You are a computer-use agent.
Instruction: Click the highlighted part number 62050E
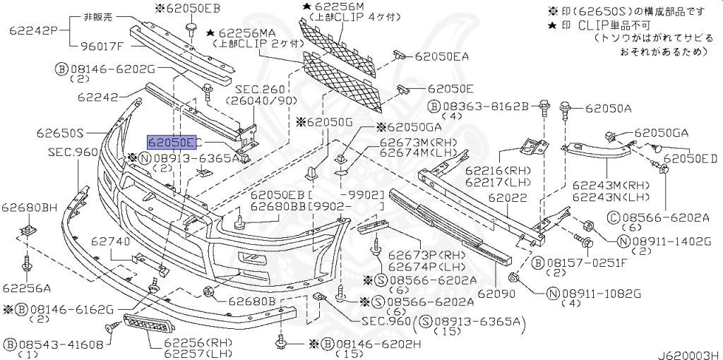tap(173, 141)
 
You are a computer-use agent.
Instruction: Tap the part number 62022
tap(509, 200)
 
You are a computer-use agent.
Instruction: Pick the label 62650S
tap(61, 133)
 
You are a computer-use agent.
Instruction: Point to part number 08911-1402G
tap(671, 241)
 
